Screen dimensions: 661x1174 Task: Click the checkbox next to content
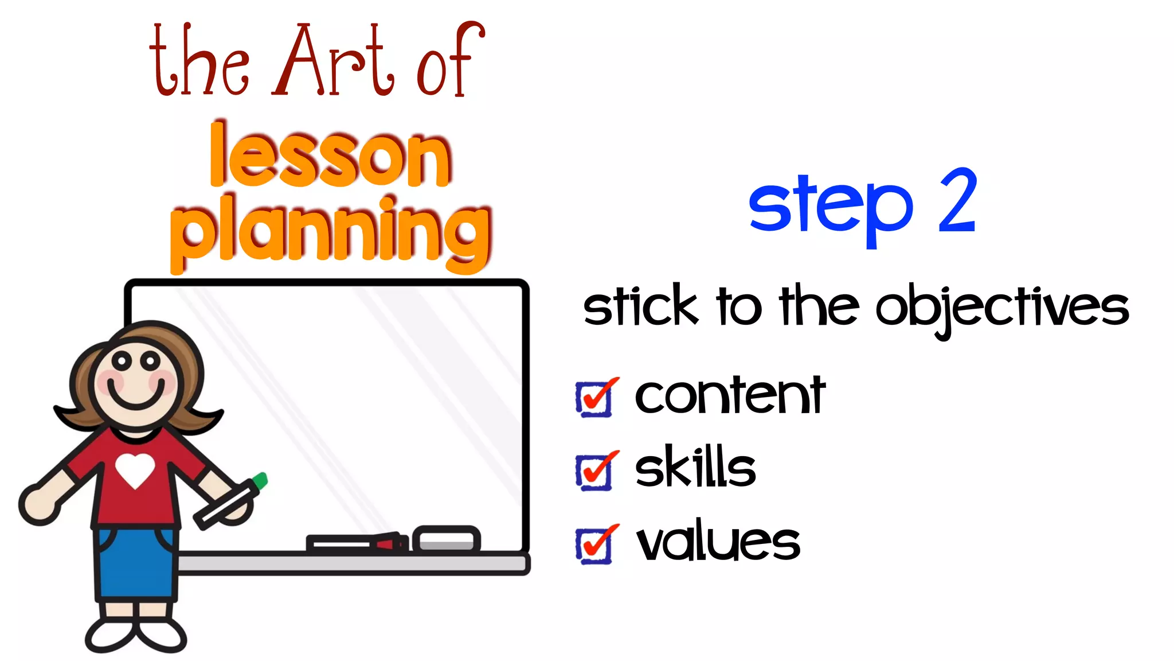(594, 398)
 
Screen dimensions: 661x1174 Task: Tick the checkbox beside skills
(594, 472)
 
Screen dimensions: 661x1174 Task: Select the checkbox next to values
(594, 545)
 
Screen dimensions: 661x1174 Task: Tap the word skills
(695, 467)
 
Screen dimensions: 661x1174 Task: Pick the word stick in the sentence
(640, 306)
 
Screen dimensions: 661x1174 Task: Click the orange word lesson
(330, 156)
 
